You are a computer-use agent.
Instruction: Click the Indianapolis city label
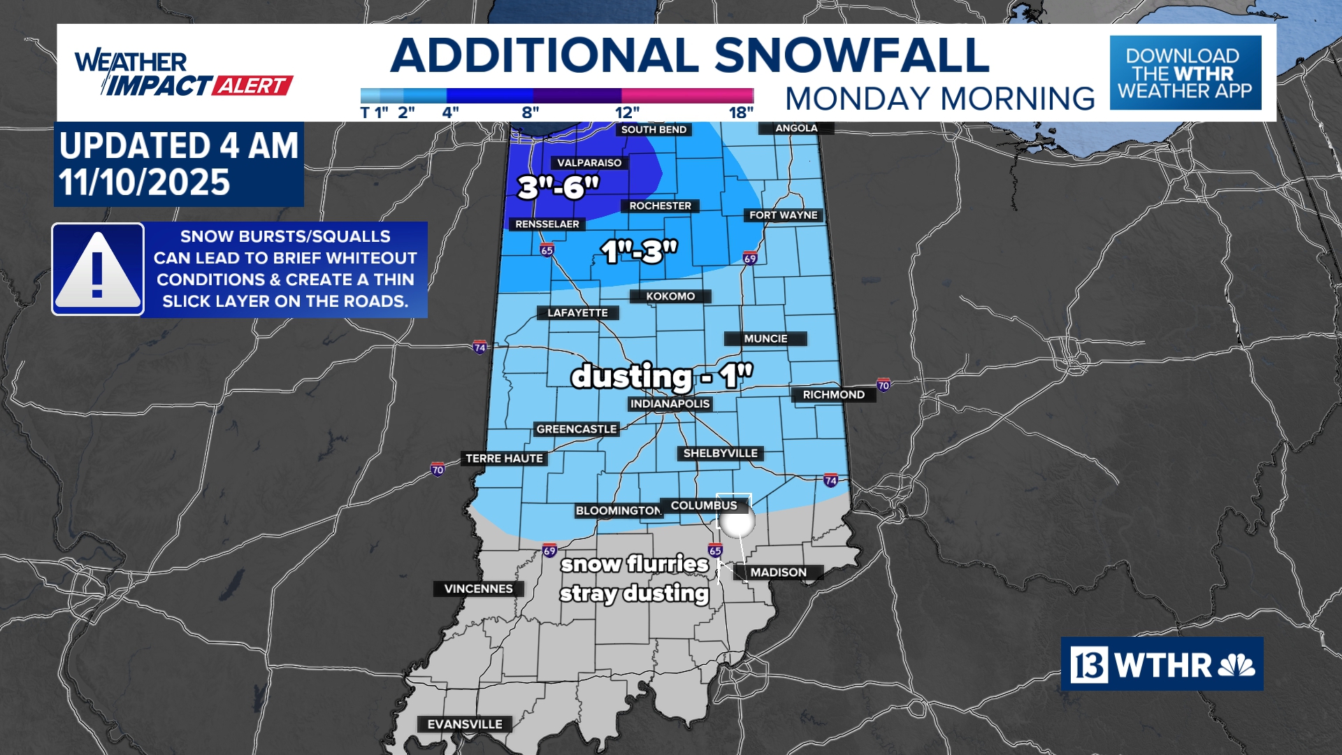tap(670, 404)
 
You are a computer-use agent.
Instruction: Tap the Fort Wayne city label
tap(783, 215)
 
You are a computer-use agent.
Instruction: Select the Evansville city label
tap(465, 724)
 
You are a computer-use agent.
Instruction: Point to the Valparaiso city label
tap(589, 163)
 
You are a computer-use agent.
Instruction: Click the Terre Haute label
tap(504, 459)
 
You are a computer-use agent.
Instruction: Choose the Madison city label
tap(778, 573)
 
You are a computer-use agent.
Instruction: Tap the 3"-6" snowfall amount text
tap(558, 187)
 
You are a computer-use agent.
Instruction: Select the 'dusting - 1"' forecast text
tap(661, 376)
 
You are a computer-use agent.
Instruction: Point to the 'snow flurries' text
tap(635, 563)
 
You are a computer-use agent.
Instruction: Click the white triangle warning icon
tap(98, 269)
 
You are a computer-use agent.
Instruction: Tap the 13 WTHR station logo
tap(1162, 664)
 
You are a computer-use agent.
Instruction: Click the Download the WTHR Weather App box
tap(1185, 73)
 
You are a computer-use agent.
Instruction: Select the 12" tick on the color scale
tap(626, 113)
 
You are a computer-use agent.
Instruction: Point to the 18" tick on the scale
tap(741, 113)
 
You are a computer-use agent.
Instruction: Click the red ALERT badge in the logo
tap(252, 86)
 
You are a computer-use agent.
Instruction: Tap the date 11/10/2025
tap(144, 183)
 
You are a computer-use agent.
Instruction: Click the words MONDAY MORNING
tap(939, 99)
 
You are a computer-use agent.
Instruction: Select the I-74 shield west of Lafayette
tap(479, 347)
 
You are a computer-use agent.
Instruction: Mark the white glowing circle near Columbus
tap(737, 522)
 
